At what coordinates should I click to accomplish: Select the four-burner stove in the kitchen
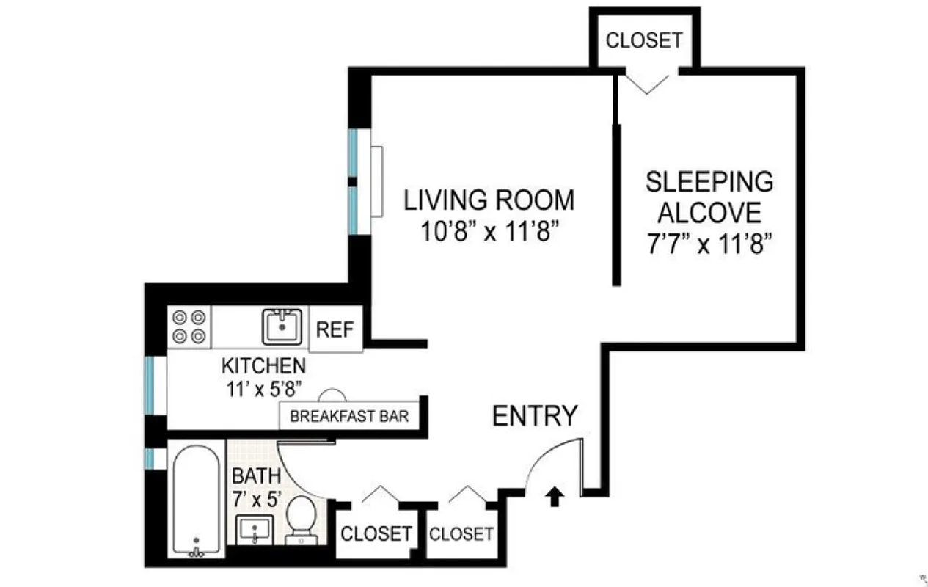pos(189,327)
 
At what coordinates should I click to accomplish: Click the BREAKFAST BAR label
pos(349,416)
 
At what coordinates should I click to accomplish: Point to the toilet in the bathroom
pos(300,520)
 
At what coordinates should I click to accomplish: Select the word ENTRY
pos(534,416)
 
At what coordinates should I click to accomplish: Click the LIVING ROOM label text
pos(489,200)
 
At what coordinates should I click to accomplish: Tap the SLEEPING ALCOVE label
pos(709,197)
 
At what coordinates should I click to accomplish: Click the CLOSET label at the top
pos(643,40)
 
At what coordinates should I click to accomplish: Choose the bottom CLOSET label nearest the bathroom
pos(376,533)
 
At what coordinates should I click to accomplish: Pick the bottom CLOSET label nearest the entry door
pos(461,533)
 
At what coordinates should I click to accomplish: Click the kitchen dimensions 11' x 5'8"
pos(263,387)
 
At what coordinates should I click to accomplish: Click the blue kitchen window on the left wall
pos(150,384)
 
